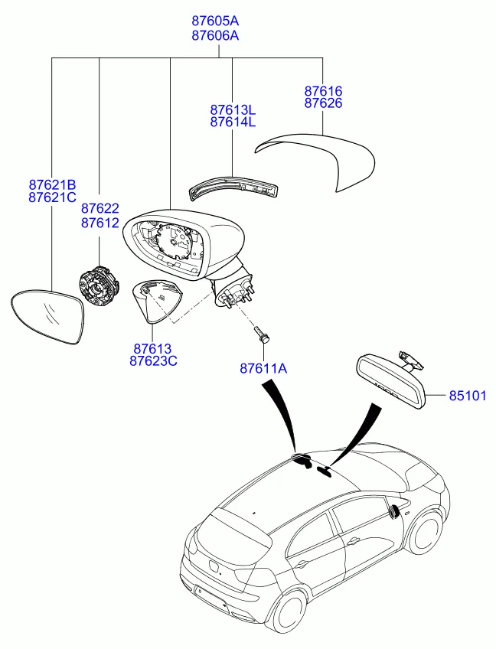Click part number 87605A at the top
pos(215,21)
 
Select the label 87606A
pos(215,36)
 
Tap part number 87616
pos(323,91)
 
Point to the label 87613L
pos(233,110)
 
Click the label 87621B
pos(52,184)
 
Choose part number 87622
pos(100,208)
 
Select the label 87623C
pos(153,361)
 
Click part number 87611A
pos(263,368)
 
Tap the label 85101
pos(468,396)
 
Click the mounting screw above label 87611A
pos(260,334)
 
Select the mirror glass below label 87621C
pos(47,317)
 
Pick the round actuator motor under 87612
pos(99,286)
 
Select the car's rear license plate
pos(211,600)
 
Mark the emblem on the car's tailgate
pos(214,566)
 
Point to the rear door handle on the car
pos(302,563)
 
